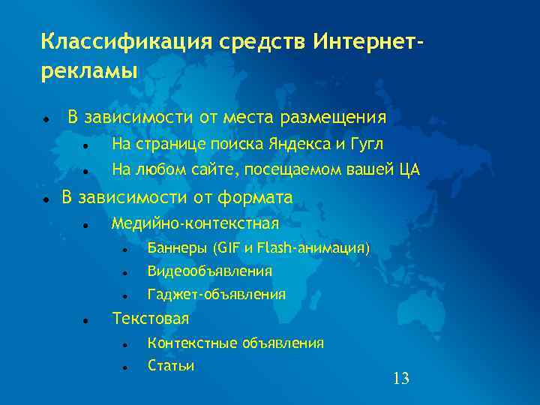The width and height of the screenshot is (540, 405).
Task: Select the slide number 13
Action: [401, 379]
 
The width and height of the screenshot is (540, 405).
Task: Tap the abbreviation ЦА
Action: [409, 170]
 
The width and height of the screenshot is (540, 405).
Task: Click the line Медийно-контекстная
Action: [195, 223]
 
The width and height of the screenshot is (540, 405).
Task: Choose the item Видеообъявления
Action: [210, 271]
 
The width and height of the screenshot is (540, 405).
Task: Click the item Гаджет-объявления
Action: [216, 295]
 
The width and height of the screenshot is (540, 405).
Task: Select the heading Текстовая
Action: [150, 319]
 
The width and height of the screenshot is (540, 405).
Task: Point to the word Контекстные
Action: [191, 343]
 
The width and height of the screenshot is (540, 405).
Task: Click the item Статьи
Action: [171, 366]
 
